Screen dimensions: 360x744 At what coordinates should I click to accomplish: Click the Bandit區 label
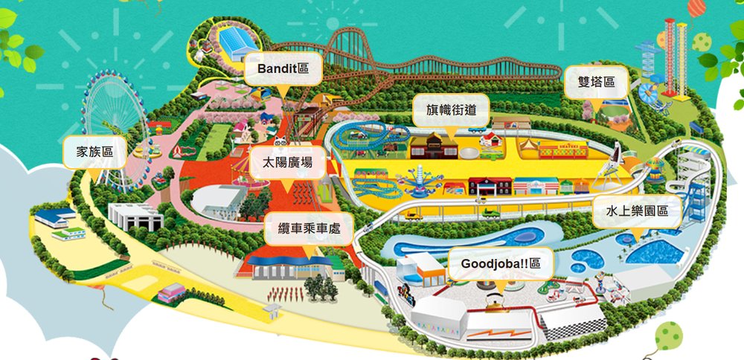[283, 69]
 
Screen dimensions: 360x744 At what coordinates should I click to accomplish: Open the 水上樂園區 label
[637, 212]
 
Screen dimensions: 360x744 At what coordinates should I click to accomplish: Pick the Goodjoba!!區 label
[501, 263]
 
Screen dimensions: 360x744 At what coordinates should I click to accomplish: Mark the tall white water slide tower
[698, 186]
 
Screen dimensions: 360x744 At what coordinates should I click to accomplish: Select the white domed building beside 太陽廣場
[216, 199]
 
